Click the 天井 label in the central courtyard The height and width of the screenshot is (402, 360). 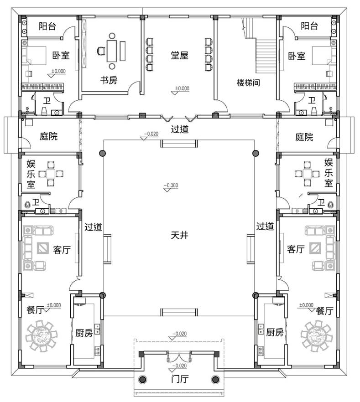[179, 235]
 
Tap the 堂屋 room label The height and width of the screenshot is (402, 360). [179, 55]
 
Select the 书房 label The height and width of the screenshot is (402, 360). [109, 80]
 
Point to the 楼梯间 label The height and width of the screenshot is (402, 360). [248, 82]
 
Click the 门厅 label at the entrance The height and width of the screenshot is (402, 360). [180, 378]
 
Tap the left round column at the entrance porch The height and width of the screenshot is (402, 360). [143, 379]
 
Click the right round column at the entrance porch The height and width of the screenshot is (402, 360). [215, 379]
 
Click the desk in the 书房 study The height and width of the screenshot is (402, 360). [112, 51]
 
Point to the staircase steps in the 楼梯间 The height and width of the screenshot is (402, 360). [266, 56]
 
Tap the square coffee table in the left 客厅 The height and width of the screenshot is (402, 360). [42, 248]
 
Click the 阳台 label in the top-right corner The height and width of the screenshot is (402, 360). [309, 26]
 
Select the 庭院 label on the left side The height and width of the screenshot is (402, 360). [48, 136]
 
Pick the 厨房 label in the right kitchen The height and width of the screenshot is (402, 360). [275, 332]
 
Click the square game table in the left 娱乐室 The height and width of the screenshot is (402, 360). [51, 174]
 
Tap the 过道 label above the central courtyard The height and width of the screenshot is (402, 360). [180, 129]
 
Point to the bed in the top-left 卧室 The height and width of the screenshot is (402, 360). [34, 56]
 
